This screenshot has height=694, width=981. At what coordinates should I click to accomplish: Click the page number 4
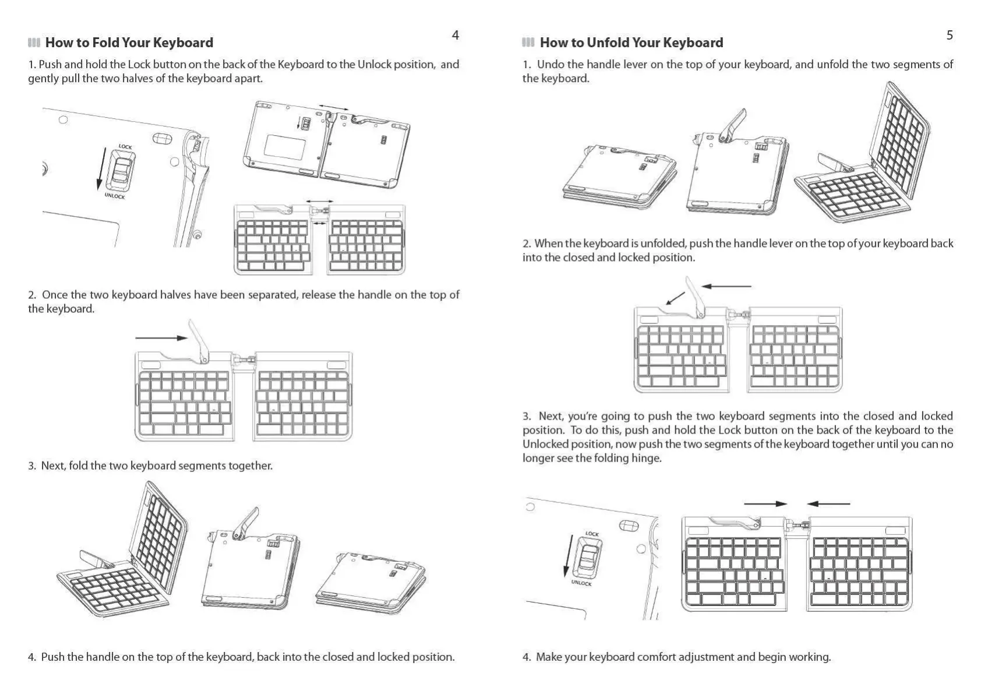455,36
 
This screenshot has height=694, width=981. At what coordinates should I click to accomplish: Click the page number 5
950,36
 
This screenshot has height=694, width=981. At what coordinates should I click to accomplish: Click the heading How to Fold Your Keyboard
129,43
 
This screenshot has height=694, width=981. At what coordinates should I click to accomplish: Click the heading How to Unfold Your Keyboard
631,43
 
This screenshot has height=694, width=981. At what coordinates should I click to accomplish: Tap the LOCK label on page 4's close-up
125,147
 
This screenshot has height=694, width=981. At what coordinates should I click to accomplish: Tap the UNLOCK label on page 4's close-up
115,196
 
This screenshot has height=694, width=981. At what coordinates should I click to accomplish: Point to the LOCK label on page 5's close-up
592,534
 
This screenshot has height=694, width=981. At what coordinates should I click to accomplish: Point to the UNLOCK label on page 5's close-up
581,583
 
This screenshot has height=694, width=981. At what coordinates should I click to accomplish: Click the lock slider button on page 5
588,556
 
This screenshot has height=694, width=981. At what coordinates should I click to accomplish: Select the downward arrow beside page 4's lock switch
101,169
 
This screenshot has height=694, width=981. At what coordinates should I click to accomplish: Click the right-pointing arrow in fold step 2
161,337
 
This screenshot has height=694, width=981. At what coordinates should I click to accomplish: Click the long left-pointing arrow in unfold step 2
726,286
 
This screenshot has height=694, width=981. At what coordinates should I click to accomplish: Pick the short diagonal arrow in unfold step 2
675,298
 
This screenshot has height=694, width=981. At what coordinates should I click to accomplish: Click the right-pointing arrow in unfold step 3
765,504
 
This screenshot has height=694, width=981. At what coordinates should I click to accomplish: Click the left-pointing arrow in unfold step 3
828,504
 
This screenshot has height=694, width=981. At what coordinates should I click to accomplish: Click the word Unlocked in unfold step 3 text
545,444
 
